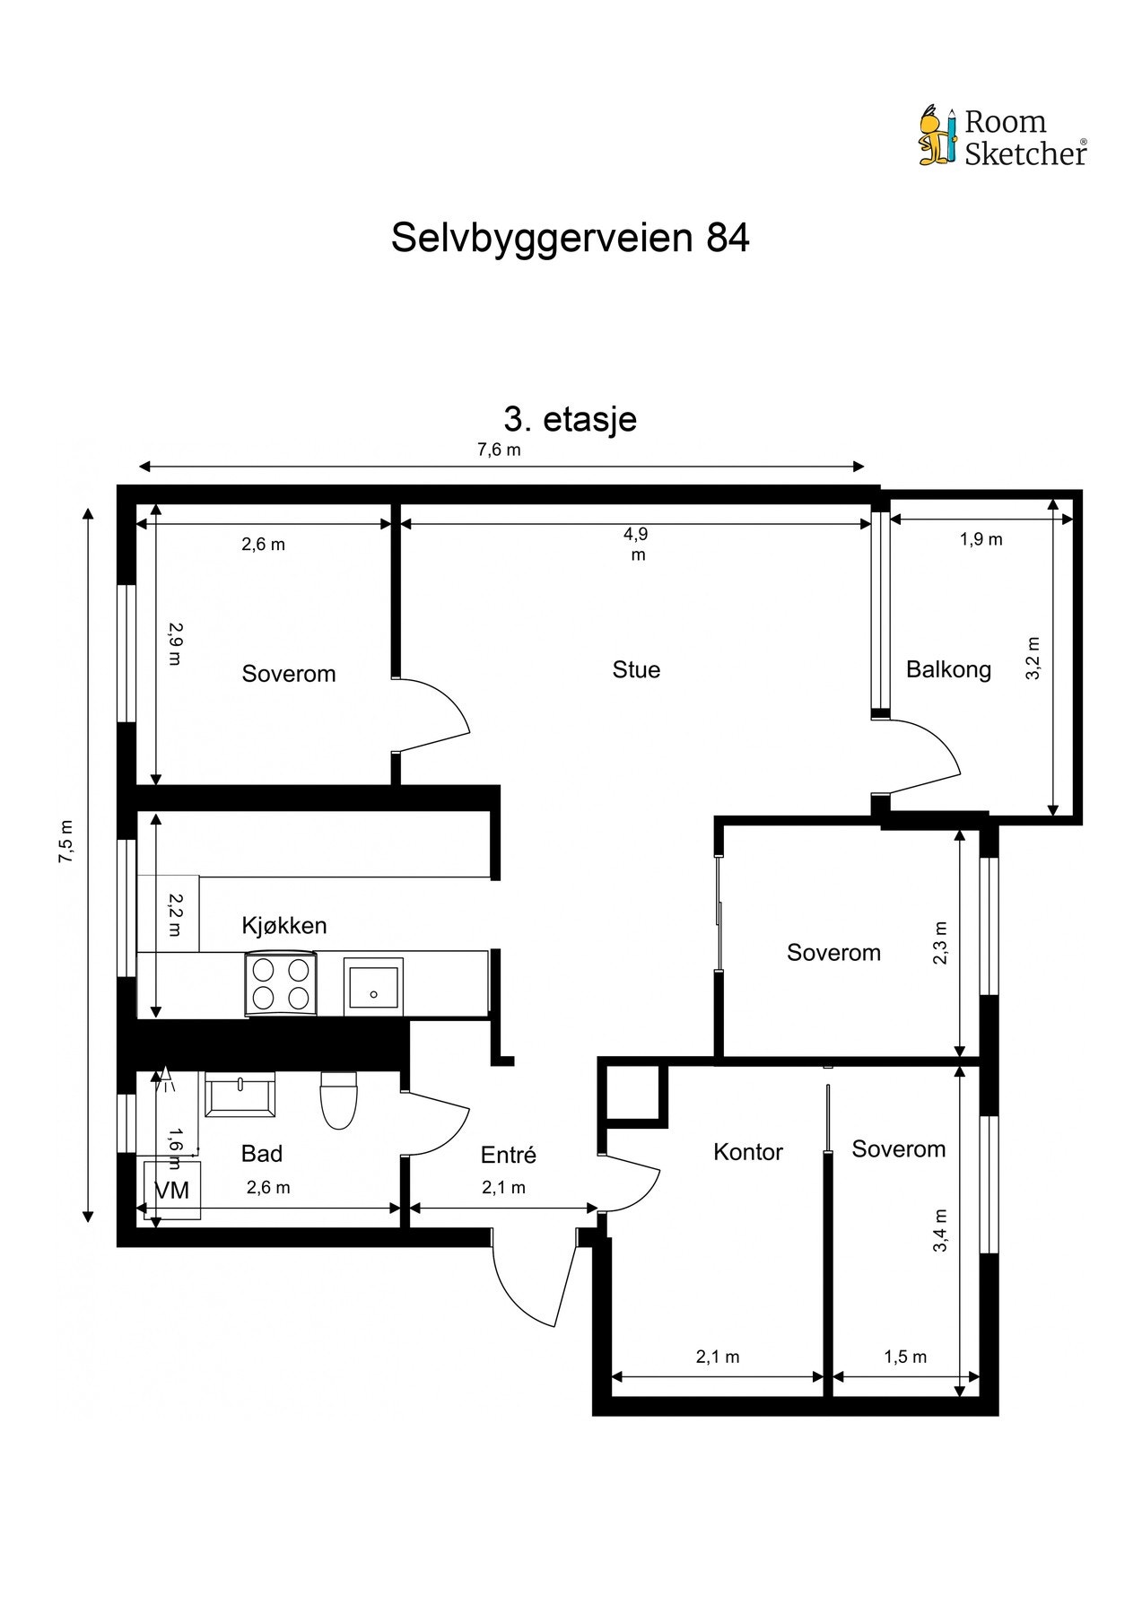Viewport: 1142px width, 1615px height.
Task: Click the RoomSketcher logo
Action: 1002,137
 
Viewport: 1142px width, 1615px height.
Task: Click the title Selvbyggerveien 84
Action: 570,239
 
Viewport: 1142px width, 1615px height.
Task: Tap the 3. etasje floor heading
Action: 571,419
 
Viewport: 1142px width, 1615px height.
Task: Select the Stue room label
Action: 636,669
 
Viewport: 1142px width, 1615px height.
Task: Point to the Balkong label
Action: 948,669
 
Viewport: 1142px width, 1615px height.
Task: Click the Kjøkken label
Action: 284,925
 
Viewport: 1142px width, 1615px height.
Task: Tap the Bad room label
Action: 262,1153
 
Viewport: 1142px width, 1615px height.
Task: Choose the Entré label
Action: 508,1155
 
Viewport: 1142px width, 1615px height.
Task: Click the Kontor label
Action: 748,1152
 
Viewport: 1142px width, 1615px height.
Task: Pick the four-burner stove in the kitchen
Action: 281,984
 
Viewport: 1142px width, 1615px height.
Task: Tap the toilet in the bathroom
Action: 339,1100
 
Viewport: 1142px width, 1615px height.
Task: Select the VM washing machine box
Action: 172,1190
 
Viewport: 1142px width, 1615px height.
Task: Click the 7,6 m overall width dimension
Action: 499,450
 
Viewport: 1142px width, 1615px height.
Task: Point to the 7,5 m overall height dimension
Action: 65,842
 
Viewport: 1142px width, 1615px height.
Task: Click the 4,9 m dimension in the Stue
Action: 636,544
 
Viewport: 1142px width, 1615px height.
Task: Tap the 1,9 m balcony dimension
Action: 981,539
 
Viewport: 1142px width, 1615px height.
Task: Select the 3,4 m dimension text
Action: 940,1230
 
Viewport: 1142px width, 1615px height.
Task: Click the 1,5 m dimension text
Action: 905,1357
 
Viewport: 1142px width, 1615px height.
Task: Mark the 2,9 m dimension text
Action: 174,643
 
